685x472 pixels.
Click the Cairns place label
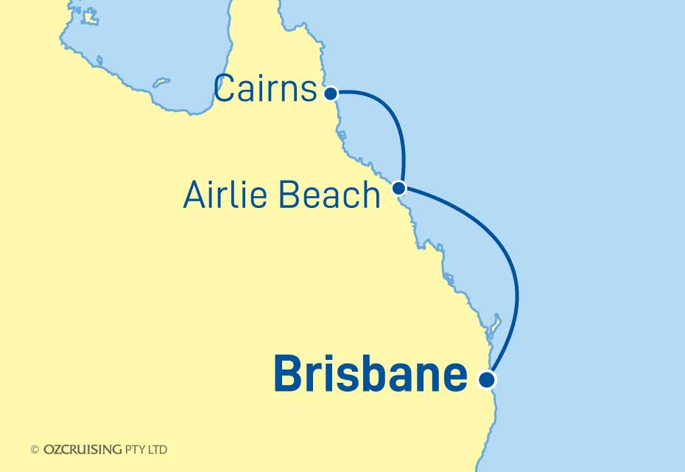265,91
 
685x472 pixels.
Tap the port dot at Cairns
331,94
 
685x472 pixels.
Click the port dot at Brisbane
486,380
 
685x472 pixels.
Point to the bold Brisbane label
370,375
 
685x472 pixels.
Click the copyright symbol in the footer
35,449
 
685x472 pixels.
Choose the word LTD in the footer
158,449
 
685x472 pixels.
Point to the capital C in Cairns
225,91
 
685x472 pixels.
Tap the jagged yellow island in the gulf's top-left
89,16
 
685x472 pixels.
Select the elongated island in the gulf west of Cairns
161,82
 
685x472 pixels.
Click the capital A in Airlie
194,195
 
